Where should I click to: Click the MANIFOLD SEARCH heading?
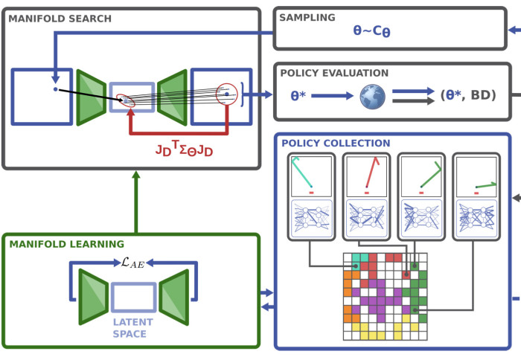click(60, 18)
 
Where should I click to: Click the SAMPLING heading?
click(308, 17)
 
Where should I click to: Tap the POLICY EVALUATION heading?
click(334, 73)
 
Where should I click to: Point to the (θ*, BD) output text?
click(468, 95)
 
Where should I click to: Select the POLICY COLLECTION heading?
click(335, 143)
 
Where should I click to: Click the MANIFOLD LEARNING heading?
click(66, 243)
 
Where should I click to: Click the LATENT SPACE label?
click(133, 328)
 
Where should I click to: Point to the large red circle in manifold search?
click(226, 94)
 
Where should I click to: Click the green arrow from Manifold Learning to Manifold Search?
click(135, 201)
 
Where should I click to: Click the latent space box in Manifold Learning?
click(133, 296)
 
